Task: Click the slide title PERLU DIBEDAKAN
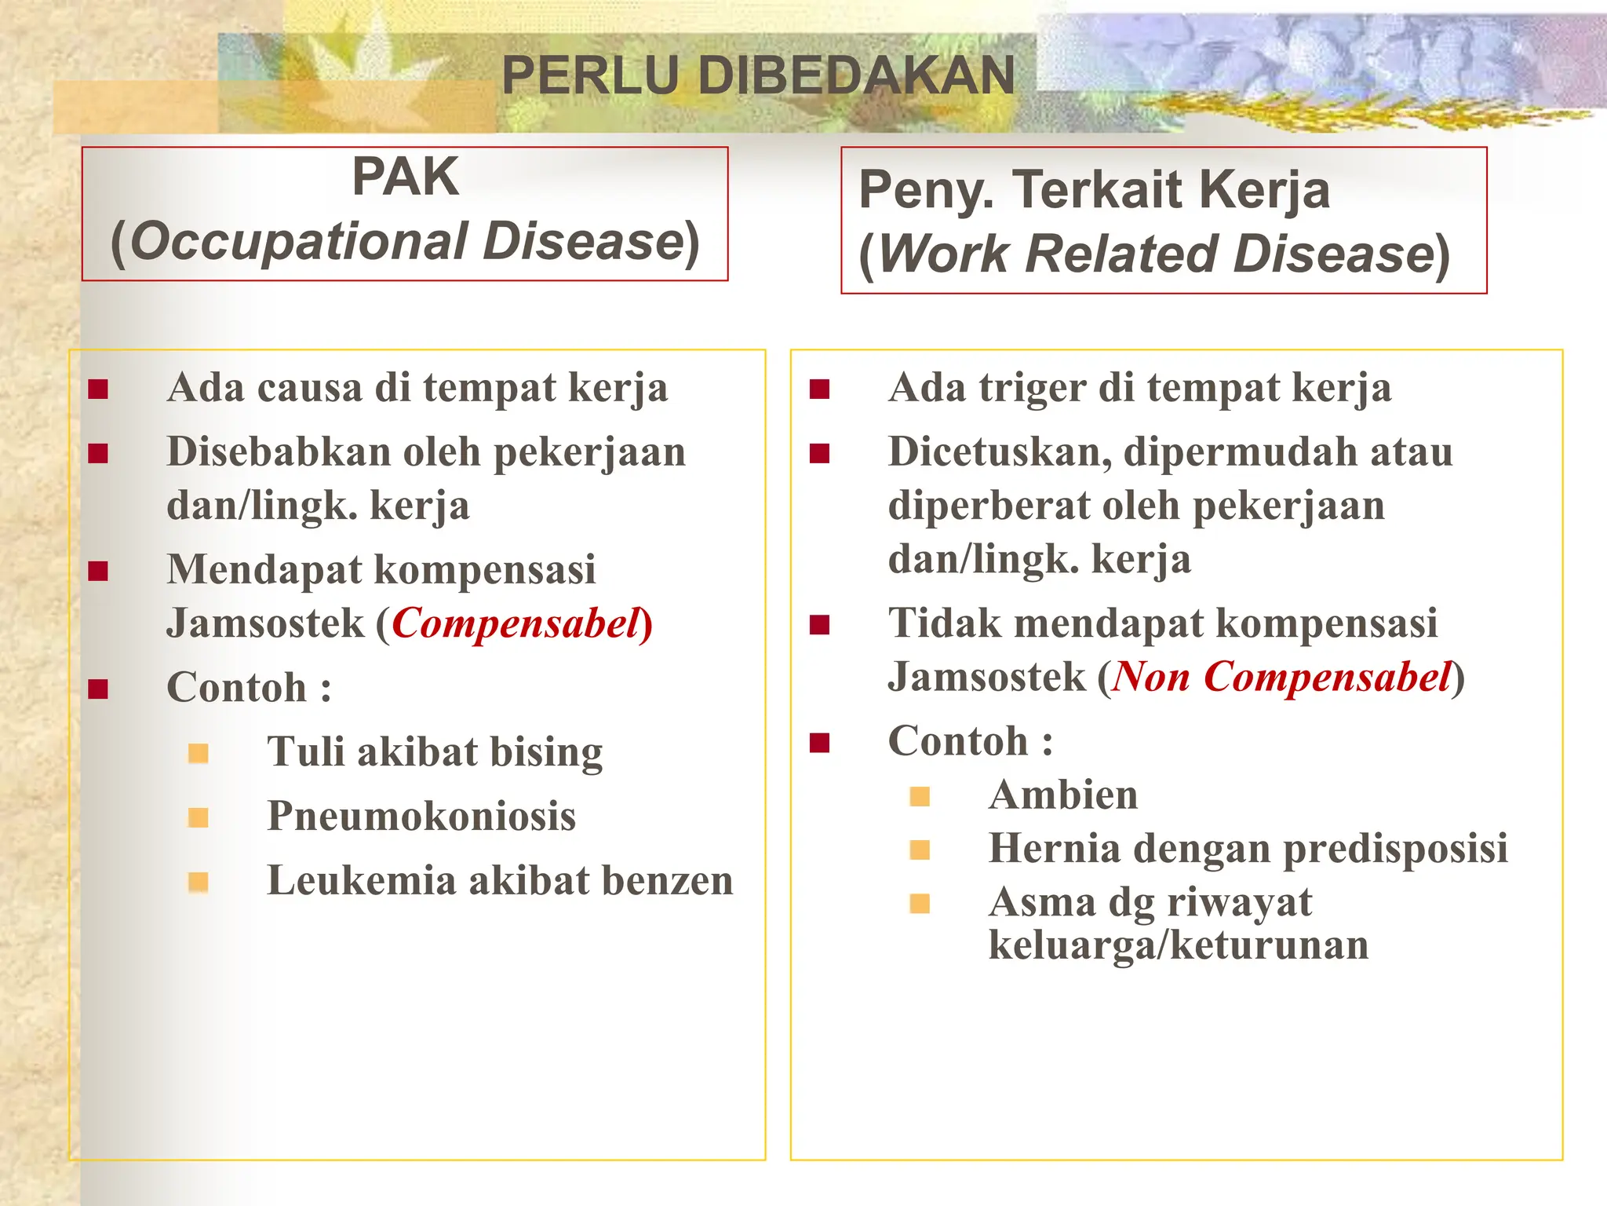click(758, 76)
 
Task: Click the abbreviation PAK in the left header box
click(405, 177)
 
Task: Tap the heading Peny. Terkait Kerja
click(1094, 190)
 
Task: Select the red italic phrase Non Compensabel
click(1281, 678)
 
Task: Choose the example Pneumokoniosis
click(421, 817)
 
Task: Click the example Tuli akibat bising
click(435, 752)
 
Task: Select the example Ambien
click(1062, 795)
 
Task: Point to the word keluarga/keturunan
click(1178, 945)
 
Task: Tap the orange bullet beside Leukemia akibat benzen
click(199, 883)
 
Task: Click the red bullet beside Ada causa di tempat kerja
click(98, 389)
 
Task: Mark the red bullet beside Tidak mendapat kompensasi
click(819, 625)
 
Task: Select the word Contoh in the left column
click(236, 689)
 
